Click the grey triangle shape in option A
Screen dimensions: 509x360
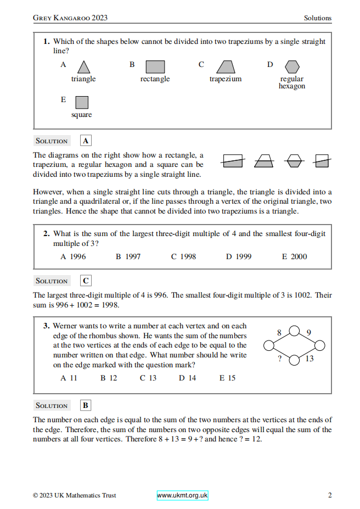(83, 68)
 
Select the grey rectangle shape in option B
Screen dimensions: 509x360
(155, 67)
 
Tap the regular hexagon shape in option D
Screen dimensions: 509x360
(292, 66)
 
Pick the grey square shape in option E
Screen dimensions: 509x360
(82, 103)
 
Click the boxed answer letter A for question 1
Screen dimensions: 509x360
(86, 141)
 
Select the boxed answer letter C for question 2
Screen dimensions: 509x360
(86, 281)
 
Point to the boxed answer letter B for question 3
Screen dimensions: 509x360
(86, 405)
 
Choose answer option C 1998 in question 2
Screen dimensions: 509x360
(183, 256)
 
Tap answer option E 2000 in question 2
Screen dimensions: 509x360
(295, 256)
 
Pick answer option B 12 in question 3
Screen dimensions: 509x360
(109, 378)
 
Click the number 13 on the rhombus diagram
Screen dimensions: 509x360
(309, 359)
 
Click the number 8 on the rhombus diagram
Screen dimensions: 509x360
(279, 332)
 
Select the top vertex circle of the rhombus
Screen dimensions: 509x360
(294, 331)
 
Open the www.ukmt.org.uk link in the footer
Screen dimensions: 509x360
(183, 495)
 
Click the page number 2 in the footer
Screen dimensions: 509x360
(330, 495)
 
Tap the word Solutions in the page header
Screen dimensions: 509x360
(318, 18)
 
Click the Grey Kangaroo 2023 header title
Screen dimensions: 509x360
(70, 18)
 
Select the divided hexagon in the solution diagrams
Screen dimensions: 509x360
(294, 161)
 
